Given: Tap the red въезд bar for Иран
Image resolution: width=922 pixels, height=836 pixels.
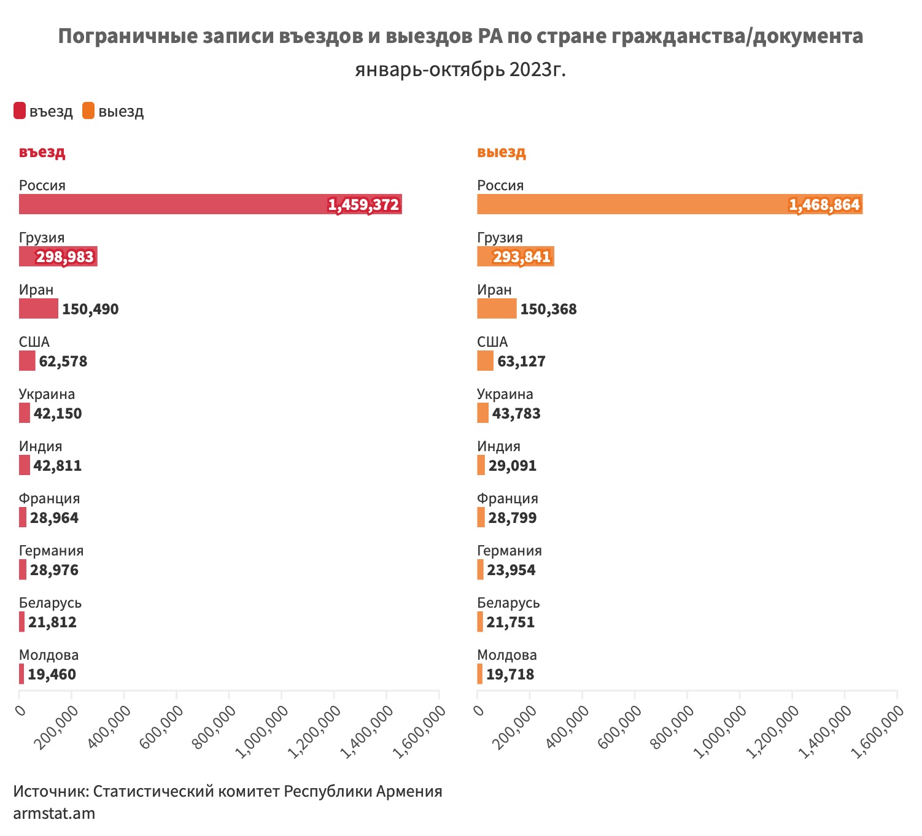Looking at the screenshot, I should click(x=38, y=309).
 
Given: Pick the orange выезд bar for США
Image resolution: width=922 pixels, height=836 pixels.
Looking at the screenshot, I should click(x=485, y=361).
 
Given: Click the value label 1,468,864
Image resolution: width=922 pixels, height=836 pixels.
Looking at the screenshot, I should click(x=824, y=205).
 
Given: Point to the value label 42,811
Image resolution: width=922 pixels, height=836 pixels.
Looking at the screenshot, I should click(x=58, y=466).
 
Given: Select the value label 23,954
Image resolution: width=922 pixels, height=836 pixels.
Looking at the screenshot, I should click(x=511, y=570).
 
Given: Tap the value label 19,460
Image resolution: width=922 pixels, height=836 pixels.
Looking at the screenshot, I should click(x=52, y=675).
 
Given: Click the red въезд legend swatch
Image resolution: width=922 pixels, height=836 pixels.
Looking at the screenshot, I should click(x=20, y=111).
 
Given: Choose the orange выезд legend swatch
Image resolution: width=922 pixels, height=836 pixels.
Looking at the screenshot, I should click(x=88, y=111).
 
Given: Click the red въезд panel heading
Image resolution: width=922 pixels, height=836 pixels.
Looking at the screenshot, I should click(x=42, y=152).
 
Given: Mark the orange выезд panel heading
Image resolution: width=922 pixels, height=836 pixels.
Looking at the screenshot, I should click(x=502, y=152).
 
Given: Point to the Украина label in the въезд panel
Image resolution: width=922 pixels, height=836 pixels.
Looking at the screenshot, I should click(x=47, y=394).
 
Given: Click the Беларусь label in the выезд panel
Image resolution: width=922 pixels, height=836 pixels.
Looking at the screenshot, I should click(x=508, y=603).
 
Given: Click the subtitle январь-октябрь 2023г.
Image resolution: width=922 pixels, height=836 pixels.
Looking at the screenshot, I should click(x=460, y=70).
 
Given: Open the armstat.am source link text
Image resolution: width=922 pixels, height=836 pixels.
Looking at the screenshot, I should click(x=54, y=814).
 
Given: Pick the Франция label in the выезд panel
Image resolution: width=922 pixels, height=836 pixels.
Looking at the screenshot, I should click(x=508, y=498).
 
